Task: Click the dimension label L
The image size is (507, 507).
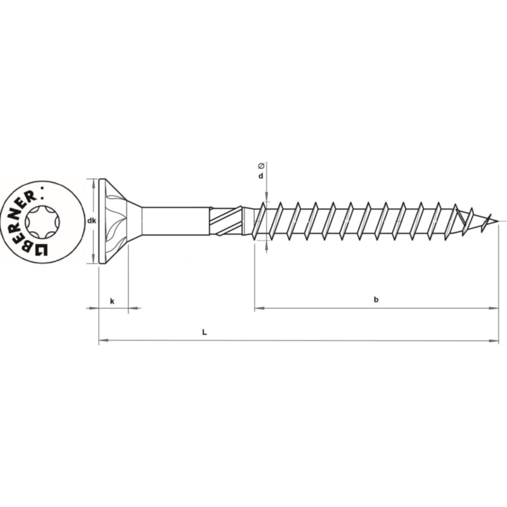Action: [204, 332]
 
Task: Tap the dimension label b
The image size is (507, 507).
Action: [376, 300]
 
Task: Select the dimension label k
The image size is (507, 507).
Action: [112, 302]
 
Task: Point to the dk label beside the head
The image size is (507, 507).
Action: [91, 221]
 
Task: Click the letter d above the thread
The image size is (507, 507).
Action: [260, 176]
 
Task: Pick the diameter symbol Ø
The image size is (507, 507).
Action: [261, 166]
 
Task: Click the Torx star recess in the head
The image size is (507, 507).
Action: [42, 222]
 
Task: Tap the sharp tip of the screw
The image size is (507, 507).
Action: [497, 221]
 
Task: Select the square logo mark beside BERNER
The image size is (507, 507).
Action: [41, 249]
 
